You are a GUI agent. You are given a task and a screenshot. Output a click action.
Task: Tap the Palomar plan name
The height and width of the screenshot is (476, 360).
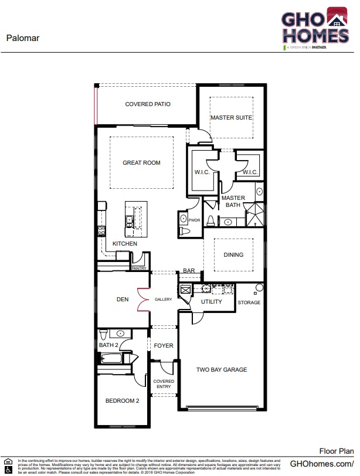tap(23, 38)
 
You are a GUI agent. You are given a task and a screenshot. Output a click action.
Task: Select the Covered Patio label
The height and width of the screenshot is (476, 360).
tap(148, 104)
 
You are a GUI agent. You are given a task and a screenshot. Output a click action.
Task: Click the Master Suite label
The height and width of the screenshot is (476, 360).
tap(232, 118)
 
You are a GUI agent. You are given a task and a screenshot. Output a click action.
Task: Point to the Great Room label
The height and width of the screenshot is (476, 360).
tap(141, 163)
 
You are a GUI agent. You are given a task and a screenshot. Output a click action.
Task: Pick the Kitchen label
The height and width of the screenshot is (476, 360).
tap(125, 244)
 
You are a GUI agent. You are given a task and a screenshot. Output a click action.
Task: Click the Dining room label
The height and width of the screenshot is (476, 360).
tap(233, 255)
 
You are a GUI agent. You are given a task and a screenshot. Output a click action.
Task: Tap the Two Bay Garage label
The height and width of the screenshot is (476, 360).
tap(221, 370)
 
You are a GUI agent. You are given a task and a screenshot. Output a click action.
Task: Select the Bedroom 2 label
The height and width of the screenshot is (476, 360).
tap(122, 401)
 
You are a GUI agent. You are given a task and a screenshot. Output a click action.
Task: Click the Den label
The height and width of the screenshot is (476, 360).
tap(123, 300)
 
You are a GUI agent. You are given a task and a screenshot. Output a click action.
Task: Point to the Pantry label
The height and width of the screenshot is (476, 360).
tap(138, 268)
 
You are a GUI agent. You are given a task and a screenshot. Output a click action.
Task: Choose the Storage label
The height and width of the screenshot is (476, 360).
tap(249, 302)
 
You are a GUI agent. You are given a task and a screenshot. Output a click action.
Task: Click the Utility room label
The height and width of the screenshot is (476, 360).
tap(211, 302)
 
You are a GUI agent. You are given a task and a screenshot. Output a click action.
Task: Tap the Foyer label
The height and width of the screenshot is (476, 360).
tap(164, 346)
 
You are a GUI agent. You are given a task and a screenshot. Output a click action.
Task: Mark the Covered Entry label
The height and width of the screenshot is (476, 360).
tap(164, 384)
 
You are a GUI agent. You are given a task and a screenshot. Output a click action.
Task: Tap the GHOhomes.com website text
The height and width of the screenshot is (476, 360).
tap(322, 464)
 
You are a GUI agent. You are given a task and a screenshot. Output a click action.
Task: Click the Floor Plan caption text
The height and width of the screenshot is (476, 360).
tap(336, 451)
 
